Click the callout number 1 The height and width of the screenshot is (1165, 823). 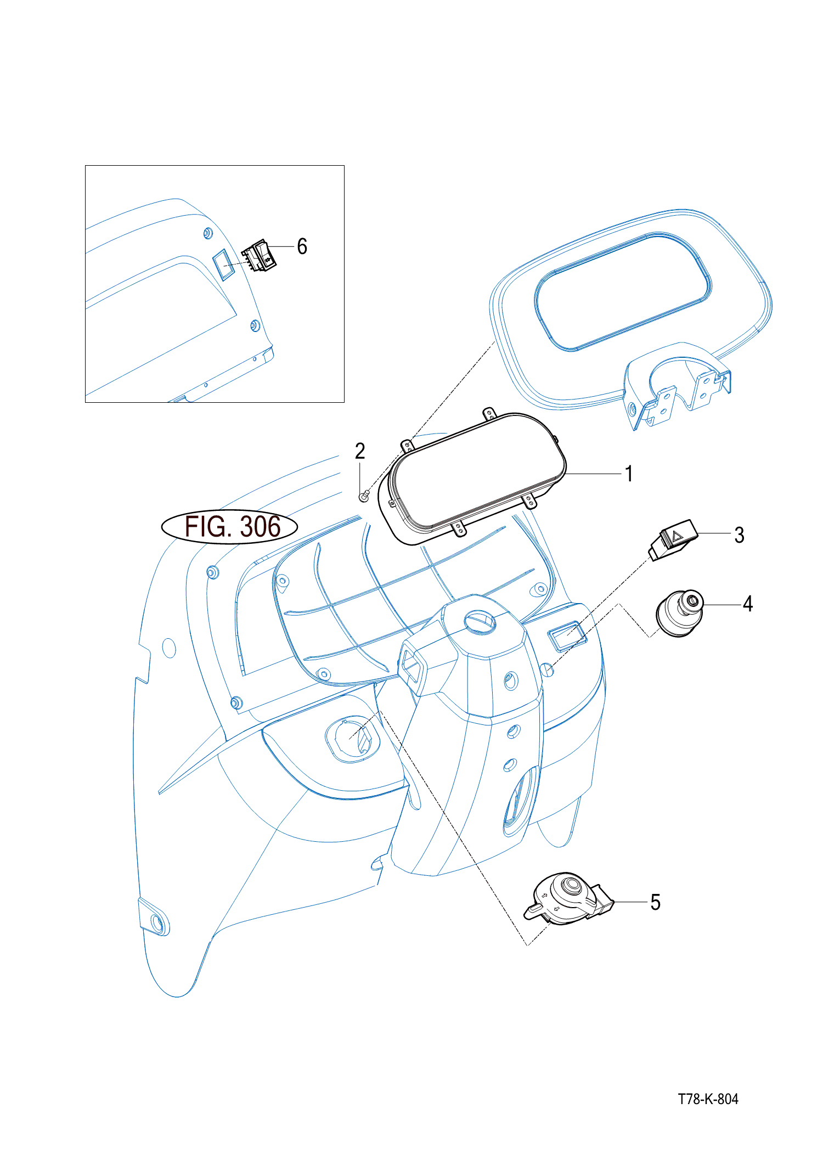629,474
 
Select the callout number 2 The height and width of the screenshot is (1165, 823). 360,452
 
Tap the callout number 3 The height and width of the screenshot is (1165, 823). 739,535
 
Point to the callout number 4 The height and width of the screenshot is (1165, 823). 747,604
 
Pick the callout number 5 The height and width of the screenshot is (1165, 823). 655,902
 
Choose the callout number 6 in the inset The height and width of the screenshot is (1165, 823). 302,246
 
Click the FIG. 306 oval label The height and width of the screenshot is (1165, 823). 230,527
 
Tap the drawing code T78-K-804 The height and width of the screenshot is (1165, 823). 708,1099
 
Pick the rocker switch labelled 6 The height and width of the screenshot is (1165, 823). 260,256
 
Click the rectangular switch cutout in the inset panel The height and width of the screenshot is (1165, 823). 223,264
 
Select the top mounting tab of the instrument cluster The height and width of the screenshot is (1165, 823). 488,413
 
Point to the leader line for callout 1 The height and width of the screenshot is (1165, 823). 595,474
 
